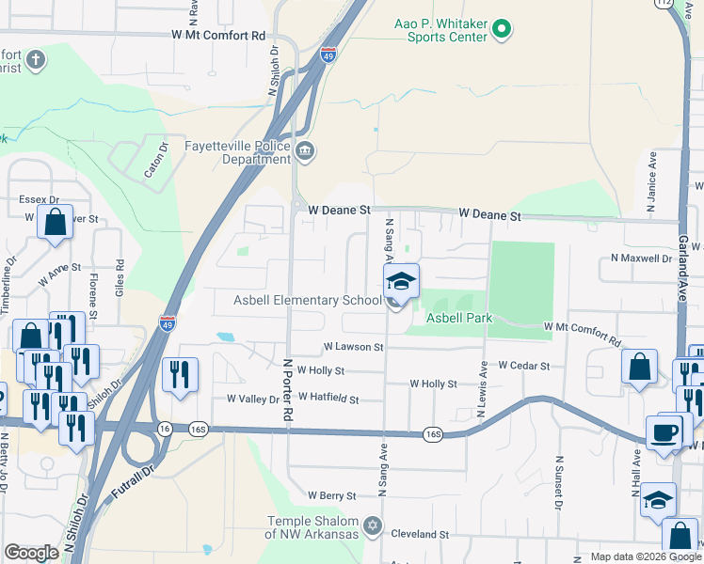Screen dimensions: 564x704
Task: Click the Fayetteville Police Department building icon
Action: coord(304,151)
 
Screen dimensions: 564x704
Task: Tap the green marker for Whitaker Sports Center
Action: coord(501,30)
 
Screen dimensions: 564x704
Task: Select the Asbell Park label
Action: coord(459,319)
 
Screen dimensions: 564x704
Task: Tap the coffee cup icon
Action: coord(669,432)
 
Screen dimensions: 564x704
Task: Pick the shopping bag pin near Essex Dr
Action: coord(55,224)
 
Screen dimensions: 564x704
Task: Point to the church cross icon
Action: coord(36,61)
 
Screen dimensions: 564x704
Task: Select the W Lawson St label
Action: coord(352,347)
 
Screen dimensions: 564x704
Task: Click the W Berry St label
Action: coord(331,495)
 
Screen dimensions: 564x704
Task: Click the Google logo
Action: coord(31,553)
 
